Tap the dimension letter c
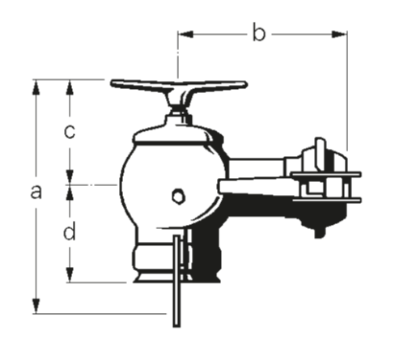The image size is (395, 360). (70, 131)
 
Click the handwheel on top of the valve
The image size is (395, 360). (178, 85)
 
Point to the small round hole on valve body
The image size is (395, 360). (178, 195)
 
